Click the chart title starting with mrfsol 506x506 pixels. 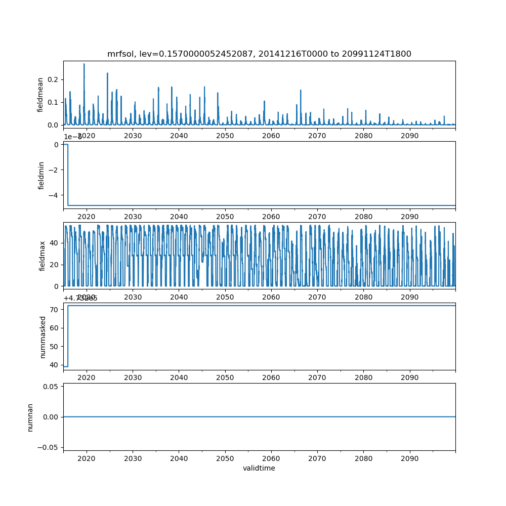coord(259,54)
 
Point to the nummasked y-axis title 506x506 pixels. coord(43,336)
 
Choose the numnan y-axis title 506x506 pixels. coord(30,417)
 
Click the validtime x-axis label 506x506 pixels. coord(259,468)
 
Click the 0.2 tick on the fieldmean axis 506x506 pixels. coord(53,79)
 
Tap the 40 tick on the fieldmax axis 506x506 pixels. coord(54,243)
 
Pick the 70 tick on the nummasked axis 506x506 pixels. coord(54,309)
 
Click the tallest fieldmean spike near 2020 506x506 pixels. coord(84,64)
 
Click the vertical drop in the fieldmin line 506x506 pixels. coord(68,175)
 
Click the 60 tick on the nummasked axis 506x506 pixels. coord(54,328)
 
